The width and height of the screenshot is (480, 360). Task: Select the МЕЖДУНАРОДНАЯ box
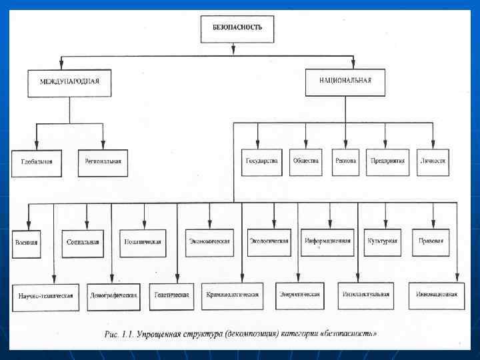pos(69,83)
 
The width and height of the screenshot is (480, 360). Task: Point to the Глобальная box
pos(37,163)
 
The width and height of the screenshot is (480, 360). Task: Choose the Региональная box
pos(103,162)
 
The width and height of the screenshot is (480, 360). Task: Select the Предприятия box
pos(388,161)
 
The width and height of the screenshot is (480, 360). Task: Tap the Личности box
pos(433,161)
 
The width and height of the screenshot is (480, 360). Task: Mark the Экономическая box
pos(209,241)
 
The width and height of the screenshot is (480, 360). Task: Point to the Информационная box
pos(327,241)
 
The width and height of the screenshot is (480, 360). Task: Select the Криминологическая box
pos(232,295)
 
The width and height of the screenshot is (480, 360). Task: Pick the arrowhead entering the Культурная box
pos(385,227)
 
